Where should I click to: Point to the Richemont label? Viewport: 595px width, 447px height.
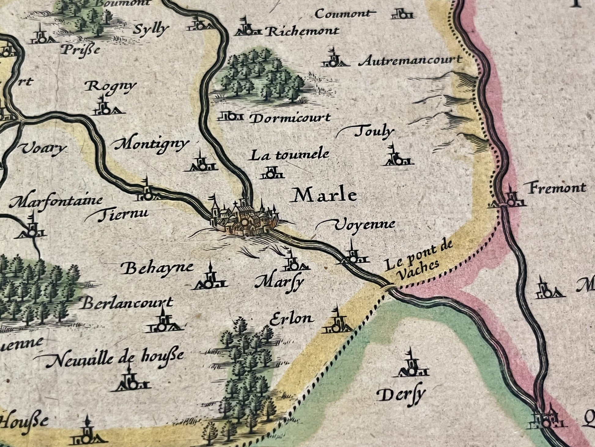[302, 31]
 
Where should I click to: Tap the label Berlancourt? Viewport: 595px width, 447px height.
[128, 303]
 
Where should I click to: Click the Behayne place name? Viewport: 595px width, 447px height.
[157, 269]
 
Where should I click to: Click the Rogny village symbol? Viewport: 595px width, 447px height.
[105, 107]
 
